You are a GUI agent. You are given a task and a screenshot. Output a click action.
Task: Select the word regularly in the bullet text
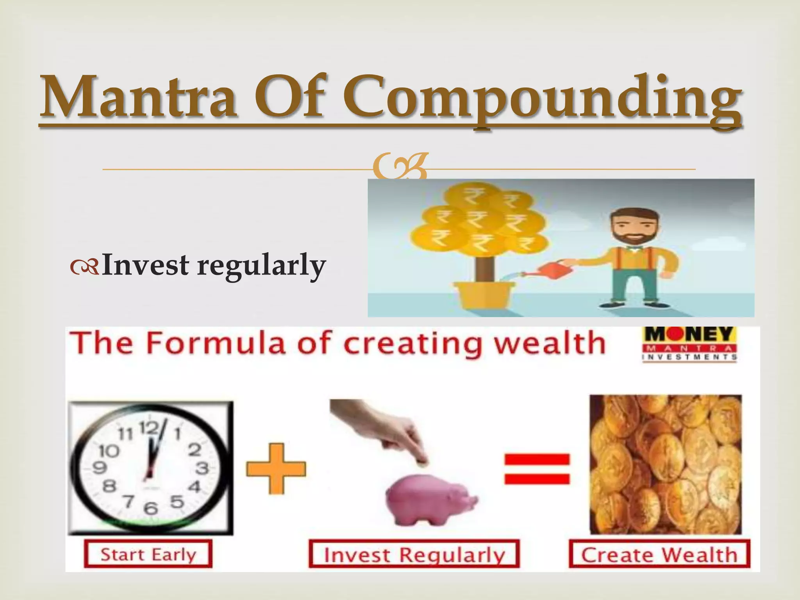[261, 266]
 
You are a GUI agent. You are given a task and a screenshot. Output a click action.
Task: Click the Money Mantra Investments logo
[689, 344]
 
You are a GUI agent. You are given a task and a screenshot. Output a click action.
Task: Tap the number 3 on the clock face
[202, 468]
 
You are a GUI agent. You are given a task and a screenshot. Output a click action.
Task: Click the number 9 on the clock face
[99, 467]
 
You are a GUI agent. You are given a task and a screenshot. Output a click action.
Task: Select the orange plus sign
[276, 469]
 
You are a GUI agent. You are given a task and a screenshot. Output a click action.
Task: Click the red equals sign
[537, 469]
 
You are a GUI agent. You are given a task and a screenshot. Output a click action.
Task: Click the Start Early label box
[148, 554]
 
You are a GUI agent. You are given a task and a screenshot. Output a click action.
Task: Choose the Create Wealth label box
[659, 554]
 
